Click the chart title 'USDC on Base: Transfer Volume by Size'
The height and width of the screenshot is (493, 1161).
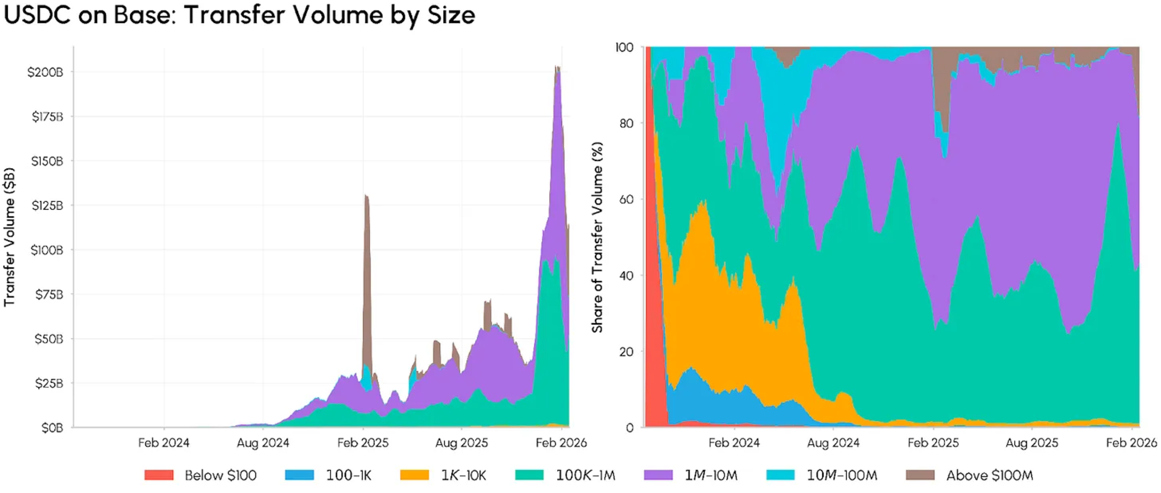[239, 15]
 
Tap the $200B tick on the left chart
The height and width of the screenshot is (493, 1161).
[45, 72]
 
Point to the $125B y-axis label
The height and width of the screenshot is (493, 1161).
[47, 206]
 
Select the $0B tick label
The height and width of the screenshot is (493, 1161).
[52, 428]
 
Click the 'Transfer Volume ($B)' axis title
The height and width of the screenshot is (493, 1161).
[9, 237]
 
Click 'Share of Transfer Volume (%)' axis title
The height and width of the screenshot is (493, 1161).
[597, 237]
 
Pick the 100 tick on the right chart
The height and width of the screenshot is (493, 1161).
[625, 47]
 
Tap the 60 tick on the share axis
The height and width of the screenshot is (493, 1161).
[626, 199]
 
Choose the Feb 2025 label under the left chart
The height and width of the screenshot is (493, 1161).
[363, 443]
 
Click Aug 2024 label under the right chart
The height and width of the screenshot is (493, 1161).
[833, 443]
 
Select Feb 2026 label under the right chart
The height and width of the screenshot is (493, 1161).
[1131, 443]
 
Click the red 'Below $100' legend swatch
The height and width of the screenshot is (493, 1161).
[159, 475]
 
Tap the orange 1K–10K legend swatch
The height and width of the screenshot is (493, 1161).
[415, 475]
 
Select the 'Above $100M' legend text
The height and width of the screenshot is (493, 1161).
[990, 475]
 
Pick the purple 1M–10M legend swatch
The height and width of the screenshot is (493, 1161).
[659, 475]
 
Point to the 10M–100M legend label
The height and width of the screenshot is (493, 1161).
[842, 475]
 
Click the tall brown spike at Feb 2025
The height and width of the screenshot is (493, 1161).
[366, 272]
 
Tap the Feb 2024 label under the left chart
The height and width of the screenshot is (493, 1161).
[164, 443]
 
